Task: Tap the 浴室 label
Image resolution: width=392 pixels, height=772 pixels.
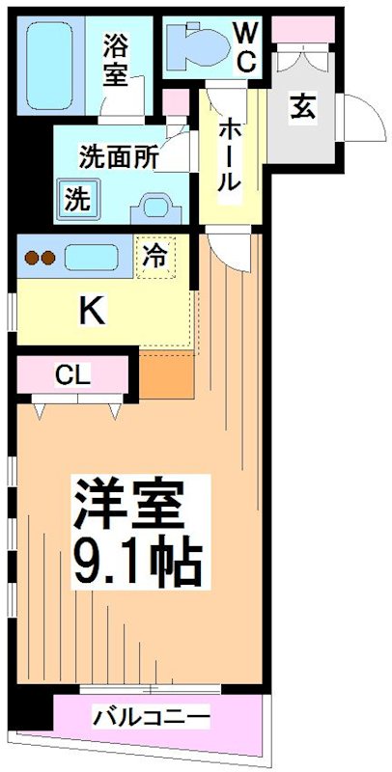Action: [x=117, y=60]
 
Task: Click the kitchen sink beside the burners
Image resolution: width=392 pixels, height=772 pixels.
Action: [x=91, y=258]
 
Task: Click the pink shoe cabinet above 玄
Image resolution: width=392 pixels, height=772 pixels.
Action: [x=303, y=30]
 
